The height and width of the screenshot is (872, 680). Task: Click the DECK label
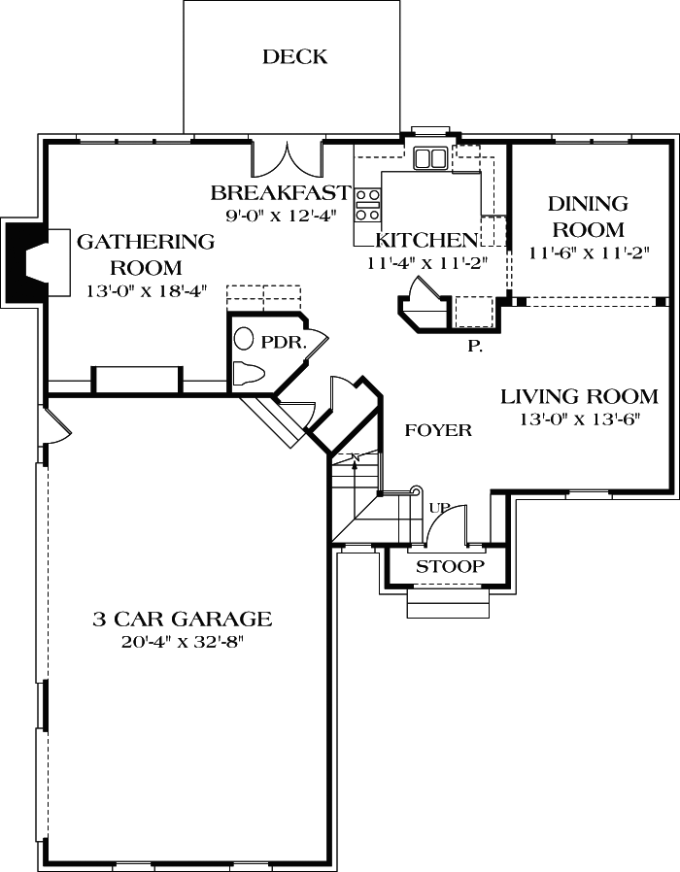[294, 57]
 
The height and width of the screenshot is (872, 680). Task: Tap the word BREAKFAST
[280, 191]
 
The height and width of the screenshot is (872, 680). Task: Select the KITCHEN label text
[427, 240]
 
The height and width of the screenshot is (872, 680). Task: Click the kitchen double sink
[430, 158]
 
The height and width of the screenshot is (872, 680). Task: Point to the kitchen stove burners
[367, 205]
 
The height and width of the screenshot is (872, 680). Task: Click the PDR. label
[284, 343]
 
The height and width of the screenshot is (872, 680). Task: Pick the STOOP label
[448, 566]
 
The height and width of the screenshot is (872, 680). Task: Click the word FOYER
[438, 430]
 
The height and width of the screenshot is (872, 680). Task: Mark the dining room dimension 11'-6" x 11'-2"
[588, 253]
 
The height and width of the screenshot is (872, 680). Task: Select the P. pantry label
[475, 345]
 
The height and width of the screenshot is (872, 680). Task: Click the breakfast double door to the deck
[289, 158]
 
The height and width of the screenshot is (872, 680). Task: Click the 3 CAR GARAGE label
[182, 619]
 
